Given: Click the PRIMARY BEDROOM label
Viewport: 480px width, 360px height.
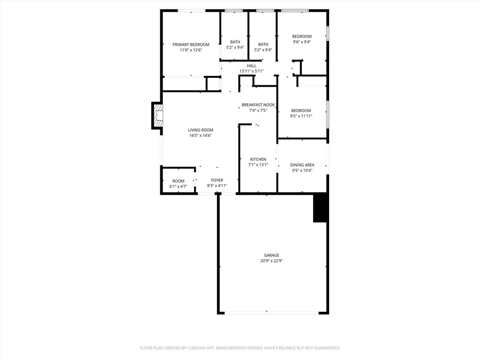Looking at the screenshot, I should point(191,45).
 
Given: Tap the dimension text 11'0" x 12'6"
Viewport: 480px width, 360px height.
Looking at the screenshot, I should point(191,50).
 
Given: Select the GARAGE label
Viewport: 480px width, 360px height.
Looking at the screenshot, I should point(271,255).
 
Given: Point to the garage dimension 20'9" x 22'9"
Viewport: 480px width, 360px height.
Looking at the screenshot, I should point(271,261).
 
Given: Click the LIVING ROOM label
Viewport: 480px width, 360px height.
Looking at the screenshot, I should point(201,130).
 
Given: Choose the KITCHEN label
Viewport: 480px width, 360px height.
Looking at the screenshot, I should point(258,159).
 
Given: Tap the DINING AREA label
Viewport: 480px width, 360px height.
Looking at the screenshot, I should point(302,165).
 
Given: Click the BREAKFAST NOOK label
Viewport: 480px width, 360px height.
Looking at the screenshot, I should point(258,105).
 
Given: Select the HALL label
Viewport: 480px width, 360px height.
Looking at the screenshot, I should point(252,66).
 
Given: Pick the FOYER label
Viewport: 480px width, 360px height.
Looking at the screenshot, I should point(217,180).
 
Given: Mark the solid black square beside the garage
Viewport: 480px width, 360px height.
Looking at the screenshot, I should point(320,208).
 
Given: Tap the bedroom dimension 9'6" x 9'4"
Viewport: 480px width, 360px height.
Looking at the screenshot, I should point(301,42).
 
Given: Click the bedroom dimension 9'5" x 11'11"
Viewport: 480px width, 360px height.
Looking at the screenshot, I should point(301,116).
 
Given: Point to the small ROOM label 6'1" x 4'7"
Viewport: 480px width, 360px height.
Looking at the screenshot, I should point(178,181).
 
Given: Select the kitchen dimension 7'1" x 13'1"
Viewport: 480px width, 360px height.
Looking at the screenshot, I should point(258,165).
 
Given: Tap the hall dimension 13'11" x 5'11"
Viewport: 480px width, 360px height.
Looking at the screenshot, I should point(252,71).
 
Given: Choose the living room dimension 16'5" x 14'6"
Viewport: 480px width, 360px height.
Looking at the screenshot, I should point(201,136).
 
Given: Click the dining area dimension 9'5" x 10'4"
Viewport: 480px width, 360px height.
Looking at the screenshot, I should point(302,171).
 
